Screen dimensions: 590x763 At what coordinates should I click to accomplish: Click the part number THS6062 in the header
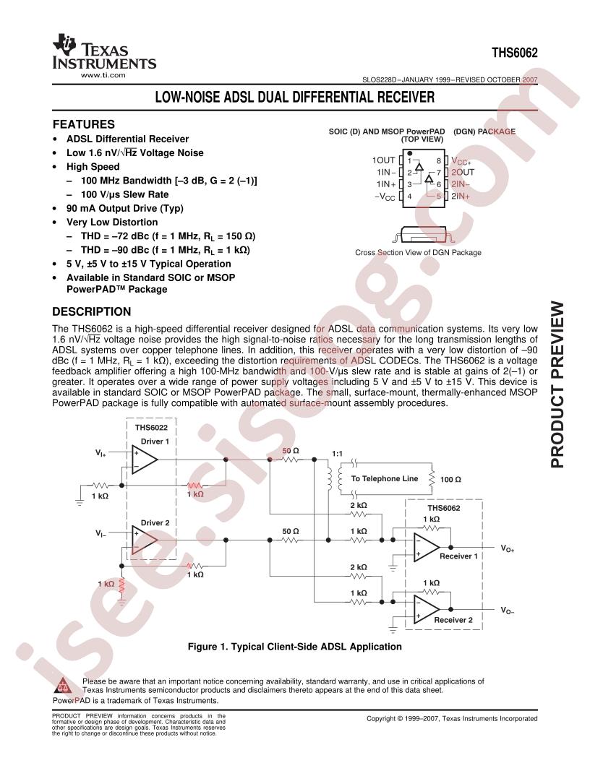(515, 53)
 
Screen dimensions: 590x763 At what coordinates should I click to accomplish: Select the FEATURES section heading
(84, 124)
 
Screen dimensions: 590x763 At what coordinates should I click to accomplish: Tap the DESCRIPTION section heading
(92, 311)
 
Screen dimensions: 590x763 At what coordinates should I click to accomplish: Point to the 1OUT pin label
(384, 160)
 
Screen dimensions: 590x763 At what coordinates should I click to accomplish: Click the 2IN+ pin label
(461, 196)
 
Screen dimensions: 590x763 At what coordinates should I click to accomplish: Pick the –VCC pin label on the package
(385, 197)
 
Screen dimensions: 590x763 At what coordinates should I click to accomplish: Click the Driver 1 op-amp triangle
(145, 460)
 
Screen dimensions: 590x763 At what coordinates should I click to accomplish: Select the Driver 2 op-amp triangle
(145, 540)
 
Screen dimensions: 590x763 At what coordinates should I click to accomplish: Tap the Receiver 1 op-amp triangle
(427, 547)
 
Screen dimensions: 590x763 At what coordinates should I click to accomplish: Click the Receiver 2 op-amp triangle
(427, 609)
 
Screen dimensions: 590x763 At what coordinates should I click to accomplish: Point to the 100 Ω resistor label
(450, 479)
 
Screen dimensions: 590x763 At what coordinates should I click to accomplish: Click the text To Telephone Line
(385, 478)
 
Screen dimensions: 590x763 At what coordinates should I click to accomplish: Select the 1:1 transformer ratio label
(337, 454)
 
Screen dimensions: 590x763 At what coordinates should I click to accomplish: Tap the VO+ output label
(508, 548)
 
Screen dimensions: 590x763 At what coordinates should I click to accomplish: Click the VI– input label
(101, 534)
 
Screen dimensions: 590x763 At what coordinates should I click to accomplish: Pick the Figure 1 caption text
(294, 647)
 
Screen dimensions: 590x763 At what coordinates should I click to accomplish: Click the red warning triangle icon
(62, 685)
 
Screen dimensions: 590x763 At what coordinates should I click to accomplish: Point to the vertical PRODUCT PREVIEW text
(557, 385)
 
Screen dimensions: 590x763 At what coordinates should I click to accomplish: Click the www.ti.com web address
(103, 75)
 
